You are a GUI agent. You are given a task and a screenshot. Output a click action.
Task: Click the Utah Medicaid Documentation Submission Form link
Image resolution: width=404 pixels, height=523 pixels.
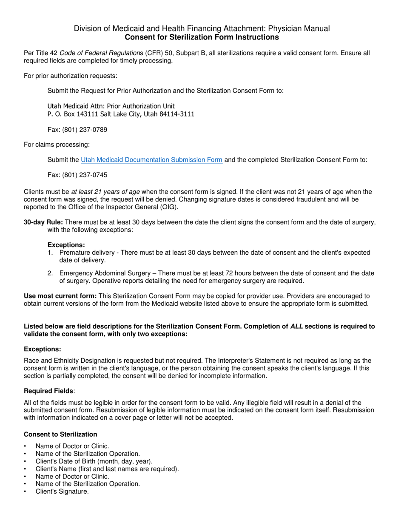pyautogui.click(x=151, y=160)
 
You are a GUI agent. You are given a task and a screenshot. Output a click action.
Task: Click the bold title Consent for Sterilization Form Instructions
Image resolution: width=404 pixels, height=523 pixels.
pyautogui.click(x=202, y=37)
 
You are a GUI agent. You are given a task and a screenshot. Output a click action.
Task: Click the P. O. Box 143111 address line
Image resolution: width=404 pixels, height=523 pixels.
pyautogui.click(x=121, y=114)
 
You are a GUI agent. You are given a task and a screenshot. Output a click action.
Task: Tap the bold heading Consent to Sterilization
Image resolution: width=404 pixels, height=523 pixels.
pyautogui.click(x=60, y=434)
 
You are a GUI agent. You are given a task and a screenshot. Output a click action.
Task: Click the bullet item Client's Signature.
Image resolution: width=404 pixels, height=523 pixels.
pyautogui.click(x=62, y=492)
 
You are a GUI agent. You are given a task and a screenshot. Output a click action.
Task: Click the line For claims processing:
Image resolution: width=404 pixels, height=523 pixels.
pyautogui.click(x=57, y=145)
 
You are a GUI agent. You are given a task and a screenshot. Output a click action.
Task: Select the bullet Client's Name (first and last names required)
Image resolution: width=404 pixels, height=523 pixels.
pyautogui.click(x=107, y=469)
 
